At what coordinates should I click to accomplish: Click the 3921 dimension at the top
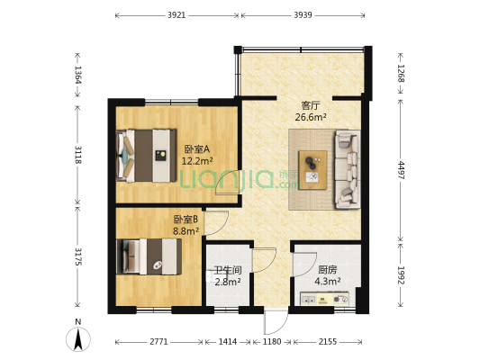(x=177, y=15)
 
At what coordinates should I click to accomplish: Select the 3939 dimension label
(x=303, y=15)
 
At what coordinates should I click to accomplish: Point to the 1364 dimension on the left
(x=77, y=75)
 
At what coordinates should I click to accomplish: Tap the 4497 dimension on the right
(x=401, y=170)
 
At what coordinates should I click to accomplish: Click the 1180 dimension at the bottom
(x=272, y=341)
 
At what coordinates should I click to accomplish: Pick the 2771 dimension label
(x=158, y=341)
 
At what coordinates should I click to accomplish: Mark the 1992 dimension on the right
(x=401, y=275)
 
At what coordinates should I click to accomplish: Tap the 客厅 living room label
(x=311, y=106)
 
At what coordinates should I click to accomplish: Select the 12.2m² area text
(x=197, y=161)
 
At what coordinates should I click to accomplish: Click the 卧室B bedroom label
(x=186, y=220)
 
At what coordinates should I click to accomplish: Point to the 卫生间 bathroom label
(x=228, y=270)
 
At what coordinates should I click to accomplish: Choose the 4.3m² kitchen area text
(x=328, y=282)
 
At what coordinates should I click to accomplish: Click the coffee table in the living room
(x=312, y=170)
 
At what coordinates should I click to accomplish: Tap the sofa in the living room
(x=348, y=169)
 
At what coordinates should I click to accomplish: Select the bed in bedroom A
(x=146, y=156)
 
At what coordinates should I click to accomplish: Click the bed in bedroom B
(x=149, y=256)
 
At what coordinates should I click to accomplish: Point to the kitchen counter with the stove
(x=324, y=299)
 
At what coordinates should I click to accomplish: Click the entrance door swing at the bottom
(x=276, y=322)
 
